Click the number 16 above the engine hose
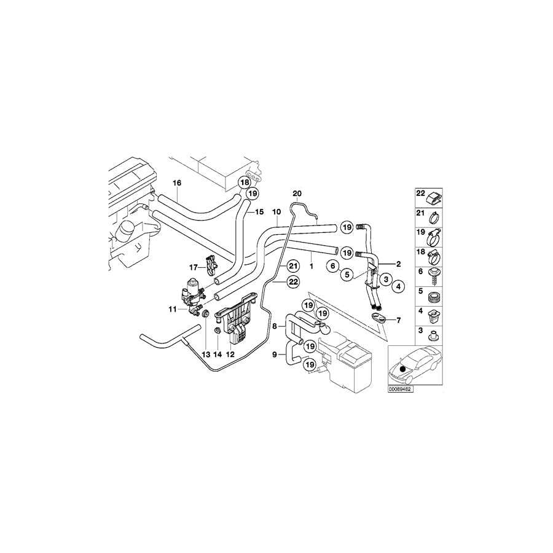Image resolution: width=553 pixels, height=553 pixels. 177,183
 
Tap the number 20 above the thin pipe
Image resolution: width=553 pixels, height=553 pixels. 297,194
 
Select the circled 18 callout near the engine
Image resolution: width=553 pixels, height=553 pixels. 245,182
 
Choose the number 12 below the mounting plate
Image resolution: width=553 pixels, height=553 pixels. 231,355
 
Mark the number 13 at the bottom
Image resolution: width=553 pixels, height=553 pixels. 205,355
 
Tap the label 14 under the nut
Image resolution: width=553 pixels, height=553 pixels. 218,355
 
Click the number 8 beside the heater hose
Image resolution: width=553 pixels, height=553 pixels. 275,327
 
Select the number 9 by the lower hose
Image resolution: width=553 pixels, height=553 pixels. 275,354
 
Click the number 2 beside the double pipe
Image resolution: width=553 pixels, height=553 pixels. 399,264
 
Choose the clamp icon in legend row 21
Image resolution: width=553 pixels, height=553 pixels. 434,216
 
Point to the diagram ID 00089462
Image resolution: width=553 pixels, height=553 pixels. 401,389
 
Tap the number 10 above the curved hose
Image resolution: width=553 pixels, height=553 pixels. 276,212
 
